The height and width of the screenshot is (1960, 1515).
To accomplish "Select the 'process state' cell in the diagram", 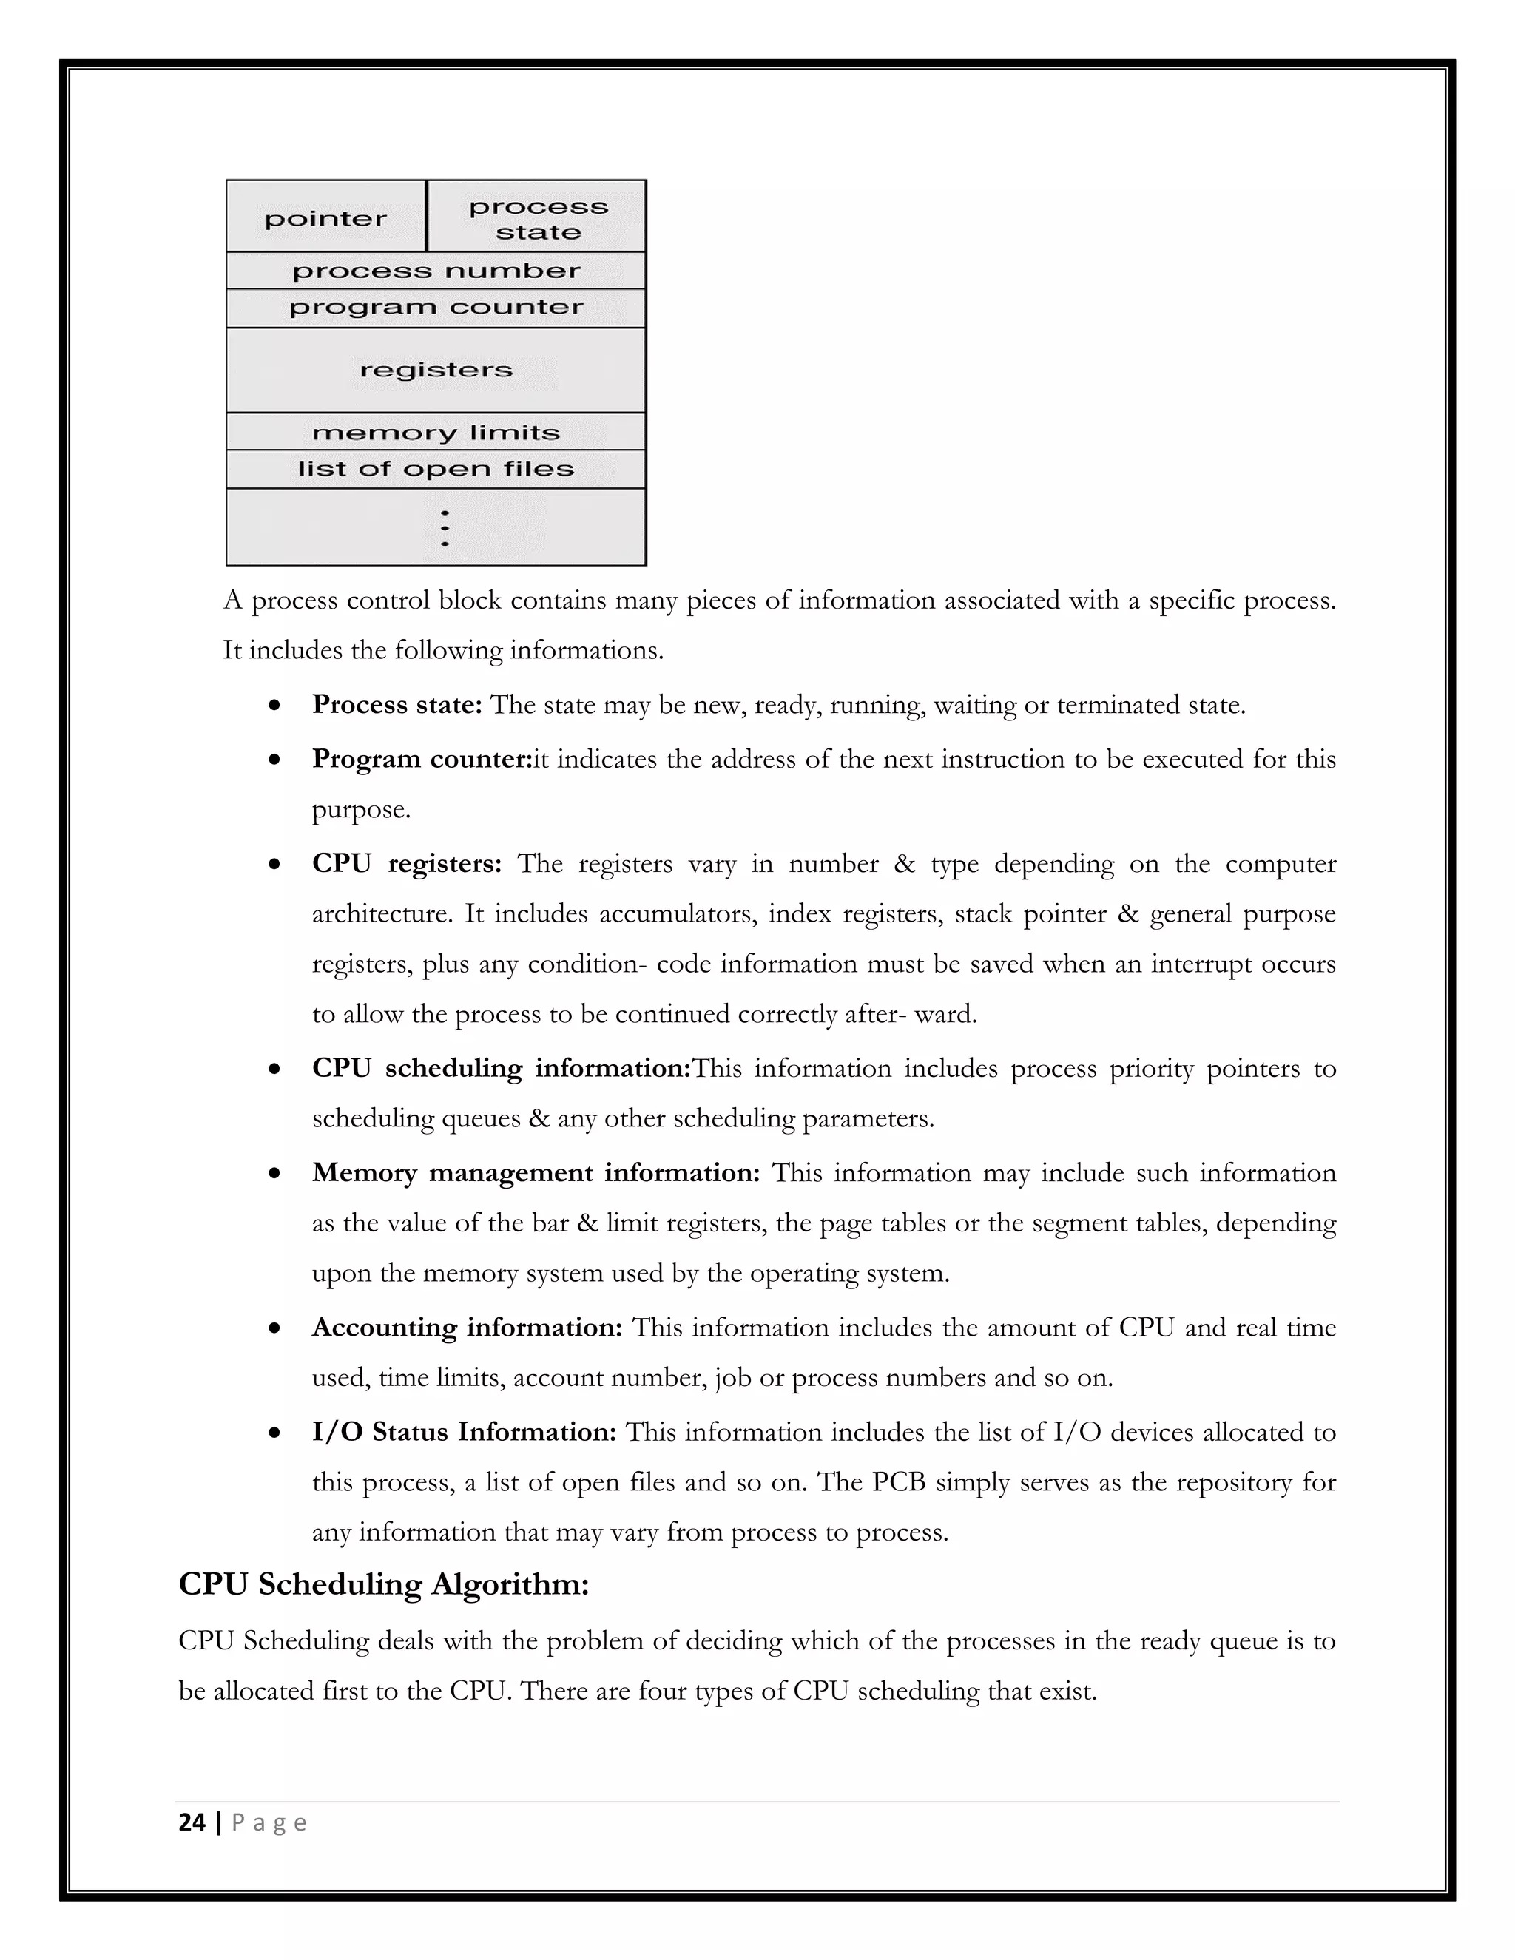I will (x=538, y=218).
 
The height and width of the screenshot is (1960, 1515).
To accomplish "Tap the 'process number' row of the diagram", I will (x=436, y=271).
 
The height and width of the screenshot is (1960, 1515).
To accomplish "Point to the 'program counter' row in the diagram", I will (x=436, y=308).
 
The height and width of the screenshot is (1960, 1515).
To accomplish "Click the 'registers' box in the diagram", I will (x=436, y=370).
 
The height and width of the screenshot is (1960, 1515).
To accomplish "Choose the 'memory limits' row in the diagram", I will (x=436, y=433).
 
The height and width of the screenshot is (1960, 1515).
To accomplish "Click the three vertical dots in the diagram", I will (x=445, y=527).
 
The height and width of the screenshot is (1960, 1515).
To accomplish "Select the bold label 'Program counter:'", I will (x=422, y=760).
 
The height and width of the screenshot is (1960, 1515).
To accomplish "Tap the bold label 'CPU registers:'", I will (x=407, y=863).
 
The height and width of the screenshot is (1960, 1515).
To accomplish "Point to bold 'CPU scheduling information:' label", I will (x=502, y=1068).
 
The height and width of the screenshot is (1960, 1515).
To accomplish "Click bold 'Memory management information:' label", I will (x=536, y=1173).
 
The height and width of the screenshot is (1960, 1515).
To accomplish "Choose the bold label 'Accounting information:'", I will (x=467, y=1328).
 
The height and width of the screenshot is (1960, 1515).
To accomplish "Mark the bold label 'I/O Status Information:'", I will (x=464, y=1431).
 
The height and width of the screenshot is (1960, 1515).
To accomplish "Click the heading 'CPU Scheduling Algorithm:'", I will (x=384, y=1584).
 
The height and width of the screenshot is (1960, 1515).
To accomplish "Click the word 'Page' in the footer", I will (x=269, y=1822).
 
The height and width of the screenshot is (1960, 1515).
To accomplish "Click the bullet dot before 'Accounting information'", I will (x=274, y=1328).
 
